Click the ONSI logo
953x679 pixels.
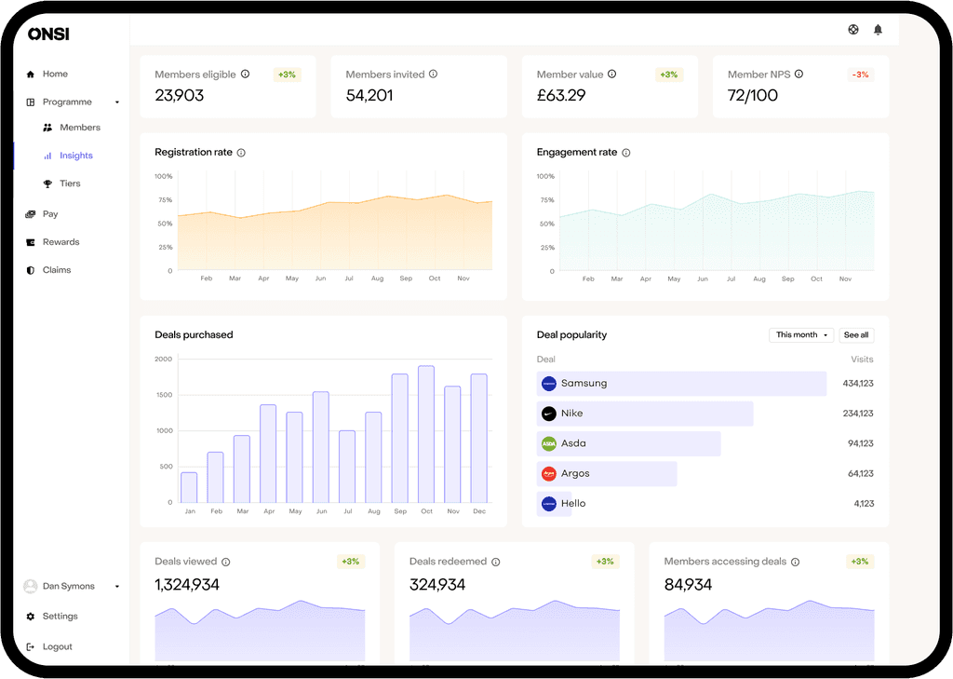(48, 34)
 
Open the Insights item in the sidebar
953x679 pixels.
(75, 156)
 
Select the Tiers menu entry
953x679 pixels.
(70, 183)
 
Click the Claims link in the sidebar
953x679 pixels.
(56, 270)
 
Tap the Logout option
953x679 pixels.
(57, 646)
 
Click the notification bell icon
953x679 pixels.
(878, 30)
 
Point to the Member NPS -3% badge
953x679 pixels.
(860, 75)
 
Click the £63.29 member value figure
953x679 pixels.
(561, 95)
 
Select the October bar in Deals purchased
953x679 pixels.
(426, 433)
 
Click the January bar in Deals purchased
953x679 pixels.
(189, 487)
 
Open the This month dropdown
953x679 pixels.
(801, 334)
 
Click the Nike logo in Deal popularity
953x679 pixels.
(549, 414)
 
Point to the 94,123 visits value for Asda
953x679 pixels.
(860, 443)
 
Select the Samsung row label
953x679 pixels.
(584, 384)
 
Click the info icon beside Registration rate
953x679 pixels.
(241, 153)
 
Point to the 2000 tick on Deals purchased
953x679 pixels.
(164, 359)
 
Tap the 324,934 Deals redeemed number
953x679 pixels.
(437, 585)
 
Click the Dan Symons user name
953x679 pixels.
(69, 587)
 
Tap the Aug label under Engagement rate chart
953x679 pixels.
(759, 278)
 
